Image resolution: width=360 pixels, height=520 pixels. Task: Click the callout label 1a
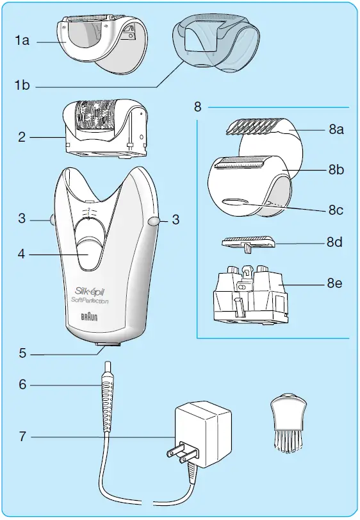coord(23,40)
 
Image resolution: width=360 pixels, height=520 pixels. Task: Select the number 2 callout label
coord(22,137)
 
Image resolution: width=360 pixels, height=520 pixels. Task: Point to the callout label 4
coord(22,254)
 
